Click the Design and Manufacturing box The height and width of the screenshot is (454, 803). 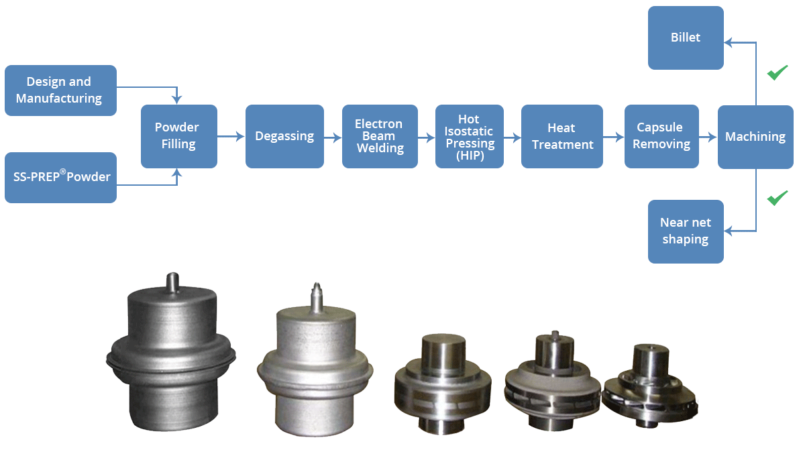coord(60,90)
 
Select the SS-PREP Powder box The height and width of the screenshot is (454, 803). coord(60,178)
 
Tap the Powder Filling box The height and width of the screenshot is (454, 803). coord(178,136)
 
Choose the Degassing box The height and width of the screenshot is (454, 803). coord(284,136)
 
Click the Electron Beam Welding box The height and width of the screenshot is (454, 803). coord(379,136)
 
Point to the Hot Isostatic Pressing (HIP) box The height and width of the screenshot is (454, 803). coord(469,136)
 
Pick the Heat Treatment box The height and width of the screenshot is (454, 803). coord(561,136)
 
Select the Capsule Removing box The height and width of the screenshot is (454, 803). coord(661,136)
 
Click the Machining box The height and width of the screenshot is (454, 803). coord(755,137)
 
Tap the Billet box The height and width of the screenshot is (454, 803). coord(685,38)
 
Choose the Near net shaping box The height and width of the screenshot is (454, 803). coord(685,231)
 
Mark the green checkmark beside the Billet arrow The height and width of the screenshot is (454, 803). coord(777,72)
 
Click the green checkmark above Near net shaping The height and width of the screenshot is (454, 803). coord(777,198)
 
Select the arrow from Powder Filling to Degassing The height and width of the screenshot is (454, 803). coord(231,137)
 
